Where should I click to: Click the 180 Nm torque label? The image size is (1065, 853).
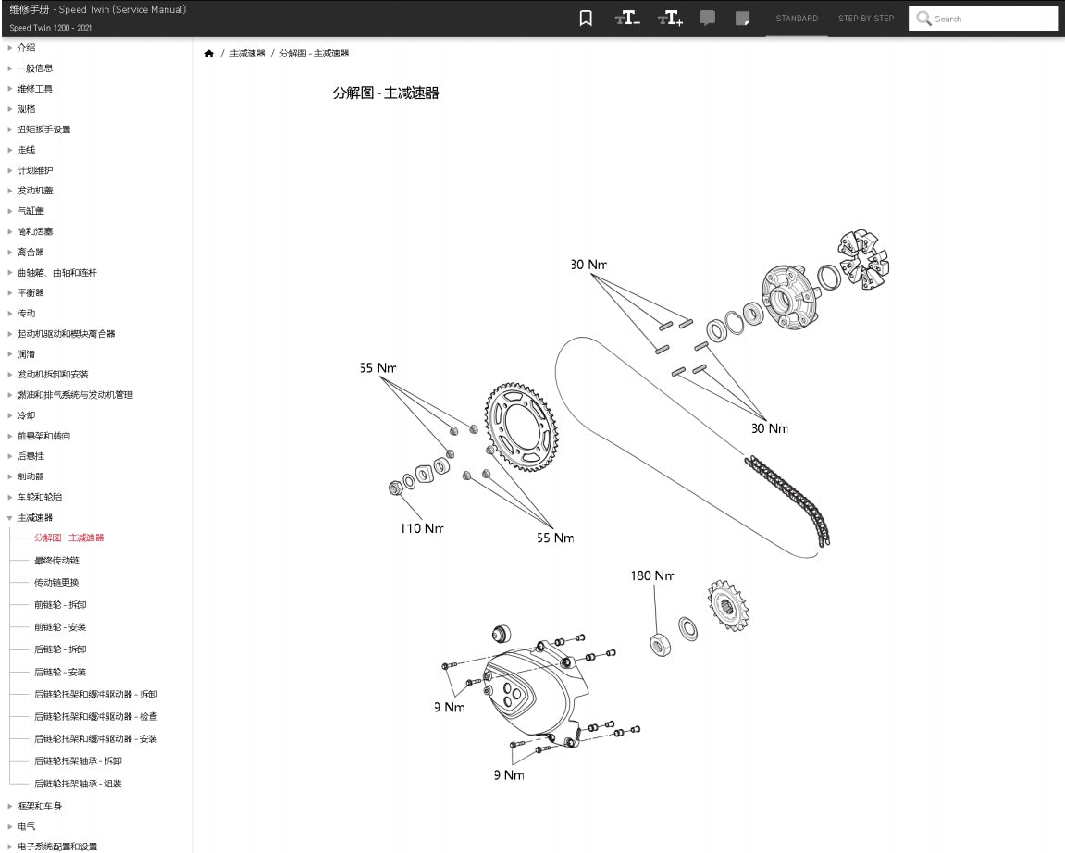pyautogui.click(x=652, y=575)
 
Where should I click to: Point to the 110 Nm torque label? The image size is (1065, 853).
pyautogui.click(x=421, y=528)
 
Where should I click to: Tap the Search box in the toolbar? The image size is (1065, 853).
pyautogui.click(x=983, y=19)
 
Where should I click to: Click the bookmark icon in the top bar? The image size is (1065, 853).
pyautogui.click(x=586, y=19)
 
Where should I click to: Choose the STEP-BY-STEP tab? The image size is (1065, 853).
pyautogui.click(x=865, y=19)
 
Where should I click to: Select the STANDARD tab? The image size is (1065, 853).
pyautogui.click(x=797, y=19)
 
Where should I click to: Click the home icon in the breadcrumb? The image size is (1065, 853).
pyautogui.click(x=209, y=54)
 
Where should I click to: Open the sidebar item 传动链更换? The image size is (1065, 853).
pyautogui.click(x=56, y=583)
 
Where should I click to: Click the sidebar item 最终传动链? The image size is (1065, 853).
pyautogui.click(x=56, y=561)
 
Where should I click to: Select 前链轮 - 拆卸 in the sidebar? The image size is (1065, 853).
pyautogui.click(x=60, y=605)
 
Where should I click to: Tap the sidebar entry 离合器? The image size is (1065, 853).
pyautogui.click(x=31, y=252)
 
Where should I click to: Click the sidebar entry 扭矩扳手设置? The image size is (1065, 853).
pyautogui.click(x=43, y=130)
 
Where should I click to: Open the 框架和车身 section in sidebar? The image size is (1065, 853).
pyautogui.click(x=40, y=806)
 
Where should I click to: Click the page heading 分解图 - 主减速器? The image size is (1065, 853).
pyautogui.click(x=386, y=93)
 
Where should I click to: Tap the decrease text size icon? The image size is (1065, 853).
pyautogui.click(x=627, y=19)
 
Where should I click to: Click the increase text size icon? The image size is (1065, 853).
pyautogui.click(x=670, y=19)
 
